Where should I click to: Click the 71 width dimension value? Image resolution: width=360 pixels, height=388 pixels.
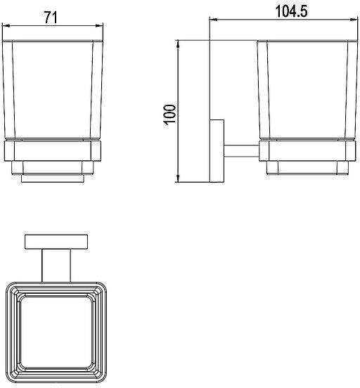click(51, 18)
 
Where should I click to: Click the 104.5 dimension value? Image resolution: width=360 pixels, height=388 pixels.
click(292, 11)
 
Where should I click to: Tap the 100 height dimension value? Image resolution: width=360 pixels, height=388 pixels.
click(170, 114)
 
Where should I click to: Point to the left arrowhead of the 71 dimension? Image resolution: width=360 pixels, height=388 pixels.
click(6, 25)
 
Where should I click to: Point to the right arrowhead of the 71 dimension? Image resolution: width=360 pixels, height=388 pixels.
click(100, 25)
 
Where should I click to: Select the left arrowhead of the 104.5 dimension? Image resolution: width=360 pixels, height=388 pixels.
click(214, 19)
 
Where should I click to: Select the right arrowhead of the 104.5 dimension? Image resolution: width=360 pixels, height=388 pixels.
click(354, 19)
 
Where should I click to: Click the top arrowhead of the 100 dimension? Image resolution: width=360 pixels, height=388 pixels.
click(178, 44)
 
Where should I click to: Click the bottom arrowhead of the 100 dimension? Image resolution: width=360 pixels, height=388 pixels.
click(178, 179)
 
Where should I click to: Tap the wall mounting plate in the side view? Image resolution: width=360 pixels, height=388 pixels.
click(217, 151)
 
